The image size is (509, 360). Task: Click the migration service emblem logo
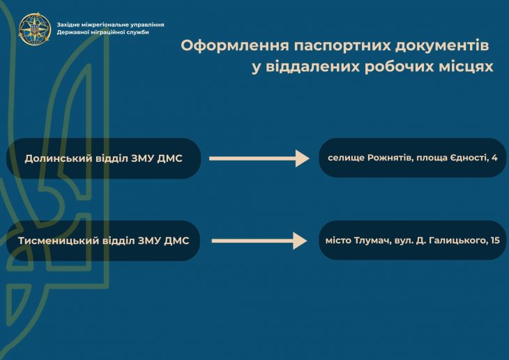[x=35, y=29]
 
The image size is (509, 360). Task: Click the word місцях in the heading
[x=466, y=67]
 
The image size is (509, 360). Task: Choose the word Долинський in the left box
[x=59, y=158]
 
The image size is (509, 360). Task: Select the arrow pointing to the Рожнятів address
[x=259, y=158]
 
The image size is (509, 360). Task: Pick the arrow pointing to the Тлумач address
[x=259, y=241]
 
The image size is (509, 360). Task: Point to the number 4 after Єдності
[x=494, y=158]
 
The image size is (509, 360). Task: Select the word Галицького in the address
[x=458, y=241]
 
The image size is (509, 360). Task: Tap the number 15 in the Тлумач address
[x=495, y=241]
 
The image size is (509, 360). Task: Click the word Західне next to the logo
[x=67, y=24]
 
